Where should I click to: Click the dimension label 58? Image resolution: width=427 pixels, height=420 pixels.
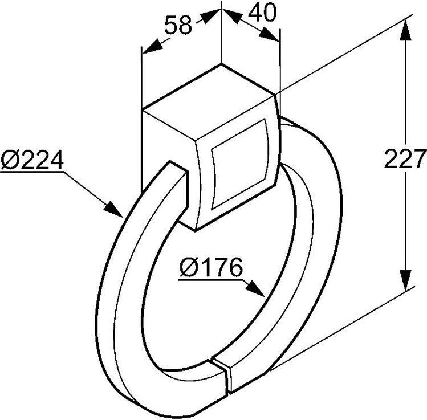tap(178, 25)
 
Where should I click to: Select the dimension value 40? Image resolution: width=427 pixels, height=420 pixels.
tap(262, 12)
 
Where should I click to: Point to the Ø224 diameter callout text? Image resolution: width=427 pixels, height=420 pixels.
tap(32, 160)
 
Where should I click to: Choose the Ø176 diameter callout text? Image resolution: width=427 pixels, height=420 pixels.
tap(211, 267)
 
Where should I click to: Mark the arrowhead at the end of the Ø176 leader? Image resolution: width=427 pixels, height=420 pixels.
tap(255, 289)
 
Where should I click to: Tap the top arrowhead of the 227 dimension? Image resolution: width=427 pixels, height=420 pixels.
tap(405, 30)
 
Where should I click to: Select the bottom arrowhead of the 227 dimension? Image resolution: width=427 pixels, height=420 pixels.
tap(405, 280)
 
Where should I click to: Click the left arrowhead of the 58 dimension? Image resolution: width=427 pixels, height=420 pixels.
tap(153, 47)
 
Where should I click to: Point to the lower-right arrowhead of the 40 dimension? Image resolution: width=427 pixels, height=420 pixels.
tap(269, 35)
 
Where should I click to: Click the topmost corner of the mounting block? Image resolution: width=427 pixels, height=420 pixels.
tap(221, 64)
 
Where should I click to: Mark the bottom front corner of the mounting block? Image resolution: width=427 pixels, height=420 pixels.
tap(195, 231)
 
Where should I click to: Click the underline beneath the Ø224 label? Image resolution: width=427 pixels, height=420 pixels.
tap(32, 172)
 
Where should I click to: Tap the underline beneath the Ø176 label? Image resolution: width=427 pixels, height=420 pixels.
tap(210, 280)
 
